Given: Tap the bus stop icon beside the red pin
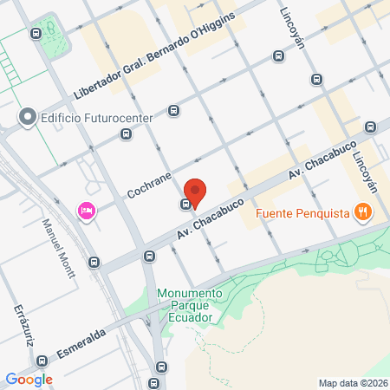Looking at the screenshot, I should [x=185, y=205].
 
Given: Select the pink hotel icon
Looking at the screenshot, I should [x=86, y=211].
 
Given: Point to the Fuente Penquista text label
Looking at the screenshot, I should [x=302, y=211].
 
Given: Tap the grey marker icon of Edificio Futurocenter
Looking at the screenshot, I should [x=27, y=116].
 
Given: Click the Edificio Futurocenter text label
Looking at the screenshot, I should [x=87, y=116].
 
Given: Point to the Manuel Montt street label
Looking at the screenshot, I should [x=62, y=247].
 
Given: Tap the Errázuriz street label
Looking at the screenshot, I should [x=23, y=325].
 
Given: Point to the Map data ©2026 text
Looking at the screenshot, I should [x=351, y=382].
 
